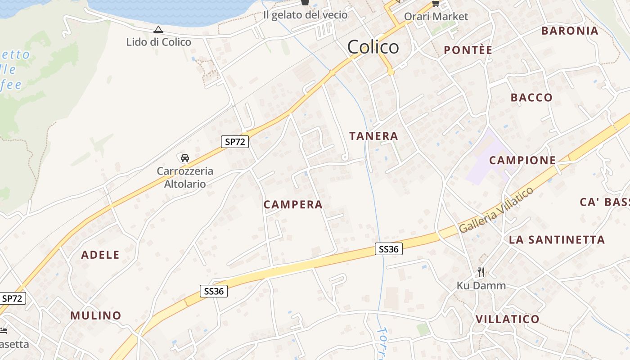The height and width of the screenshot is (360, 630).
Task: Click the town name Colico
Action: click(x=373, y=47)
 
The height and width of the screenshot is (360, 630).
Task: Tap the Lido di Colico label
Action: click(x=158, y=42)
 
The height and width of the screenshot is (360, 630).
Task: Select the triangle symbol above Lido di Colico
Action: click(x=158, y=30)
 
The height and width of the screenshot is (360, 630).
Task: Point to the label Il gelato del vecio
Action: click(x=305, y=15)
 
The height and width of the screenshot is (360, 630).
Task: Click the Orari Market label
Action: click(x=436, y=17)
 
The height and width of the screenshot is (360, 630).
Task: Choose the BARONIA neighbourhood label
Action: click(x=570, y=31)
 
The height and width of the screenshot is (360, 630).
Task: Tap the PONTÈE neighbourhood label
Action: click(x=468, y=50)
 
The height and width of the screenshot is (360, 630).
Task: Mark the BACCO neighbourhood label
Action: click(x=531, y=97)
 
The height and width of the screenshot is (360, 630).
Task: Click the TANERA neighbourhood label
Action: click(x=373, y=136)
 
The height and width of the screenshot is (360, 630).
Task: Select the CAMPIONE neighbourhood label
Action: click(x=522, y=160)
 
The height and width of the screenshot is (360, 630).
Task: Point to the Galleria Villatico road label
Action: click(x=496, y=210)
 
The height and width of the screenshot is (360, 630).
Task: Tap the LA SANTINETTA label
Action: click(x=557, y=240)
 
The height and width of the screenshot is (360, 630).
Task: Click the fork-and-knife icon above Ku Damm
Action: click(x=481, y=272)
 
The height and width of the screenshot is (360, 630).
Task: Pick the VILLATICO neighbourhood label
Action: click(x=507, y=319)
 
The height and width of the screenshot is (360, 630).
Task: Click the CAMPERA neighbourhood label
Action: click(x=293, y=204)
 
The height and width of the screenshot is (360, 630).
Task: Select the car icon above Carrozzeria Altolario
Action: click(x=184, y=157)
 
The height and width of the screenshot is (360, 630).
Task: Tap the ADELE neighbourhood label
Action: click(x=100, y=255)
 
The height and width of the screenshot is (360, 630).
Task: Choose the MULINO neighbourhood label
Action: click(x=96, y=315)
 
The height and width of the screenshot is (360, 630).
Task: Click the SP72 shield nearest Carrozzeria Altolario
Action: click(x=235, y=142)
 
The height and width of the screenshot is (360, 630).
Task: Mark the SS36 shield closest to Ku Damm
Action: click(x=388, y=249)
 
